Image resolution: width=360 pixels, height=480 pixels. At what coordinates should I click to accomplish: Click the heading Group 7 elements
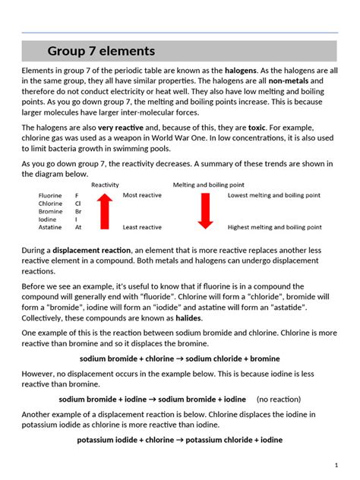pyautogui.click(x=101, y=52)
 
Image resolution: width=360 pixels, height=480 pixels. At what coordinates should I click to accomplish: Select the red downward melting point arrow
pyautogui.click(x=204, y=211)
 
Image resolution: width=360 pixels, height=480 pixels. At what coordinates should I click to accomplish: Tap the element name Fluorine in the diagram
pyautogui.click(x=50, y=195)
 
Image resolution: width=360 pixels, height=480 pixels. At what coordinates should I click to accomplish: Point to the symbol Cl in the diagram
pyautogui.click(x=78, y=204)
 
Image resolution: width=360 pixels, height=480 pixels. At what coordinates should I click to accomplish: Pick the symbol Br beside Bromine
pyautogui.click(x=78, y=212)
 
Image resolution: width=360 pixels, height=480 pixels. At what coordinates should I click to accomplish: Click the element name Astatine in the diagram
pyautogui.click(x=51, y=227)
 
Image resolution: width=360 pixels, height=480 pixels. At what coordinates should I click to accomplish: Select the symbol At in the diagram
pyautogui.click(x=78, y=227)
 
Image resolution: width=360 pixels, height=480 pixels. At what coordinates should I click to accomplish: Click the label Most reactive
pyautogui.click(x=142, y=195)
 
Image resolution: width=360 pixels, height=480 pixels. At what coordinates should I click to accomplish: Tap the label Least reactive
pyautogui.click(x=142, y=227)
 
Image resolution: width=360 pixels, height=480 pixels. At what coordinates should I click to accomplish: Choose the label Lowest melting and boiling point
pyautogui.click(x=274, y=195)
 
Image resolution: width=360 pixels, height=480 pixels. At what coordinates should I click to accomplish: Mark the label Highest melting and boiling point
pyautogui.click(x=274, y=227)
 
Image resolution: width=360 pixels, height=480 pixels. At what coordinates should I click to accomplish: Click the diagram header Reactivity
pyautogui.click(x=105, y=185)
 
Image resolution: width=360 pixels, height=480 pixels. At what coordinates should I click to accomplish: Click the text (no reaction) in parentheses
pyautogui.click(x=279, y=399)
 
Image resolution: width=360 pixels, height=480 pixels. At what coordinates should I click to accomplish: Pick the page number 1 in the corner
pyautogui.click(x=336, y=464)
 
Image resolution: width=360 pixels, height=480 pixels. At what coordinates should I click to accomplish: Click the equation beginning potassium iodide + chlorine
pyautogui.click(x=179, y=440)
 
